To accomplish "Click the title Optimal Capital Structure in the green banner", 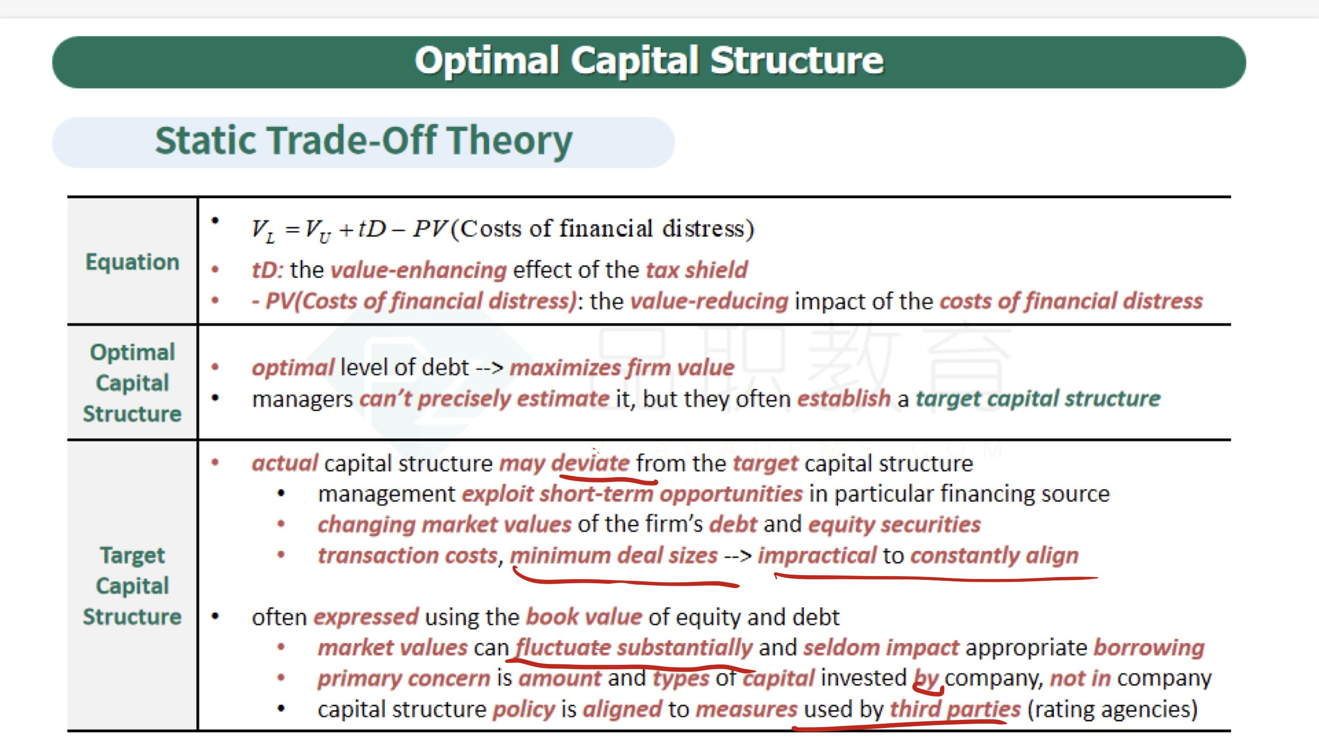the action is coord(649,61).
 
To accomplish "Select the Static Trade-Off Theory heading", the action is coord(364,141).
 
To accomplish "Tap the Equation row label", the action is coord(132,261).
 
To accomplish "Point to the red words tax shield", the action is coord(696,270).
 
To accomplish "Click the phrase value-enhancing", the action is coord(418,271).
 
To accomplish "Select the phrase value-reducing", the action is coord(709,302).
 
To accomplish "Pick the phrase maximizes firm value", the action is coord(622,368).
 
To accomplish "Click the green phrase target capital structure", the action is coord(1038,399).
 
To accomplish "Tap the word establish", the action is coord(843,399).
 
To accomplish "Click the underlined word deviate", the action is coord(590,463).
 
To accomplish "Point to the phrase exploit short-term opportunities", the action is coord(632,494).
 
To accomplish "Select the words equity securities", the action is coord(894,524).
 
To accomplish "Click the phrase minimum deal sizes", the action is coord(614,556).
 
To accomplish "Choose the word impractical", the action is coord(817,556).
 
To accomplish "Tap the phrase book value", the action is coord(584,617).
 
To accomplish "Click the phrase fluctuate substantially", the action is coord(634,648).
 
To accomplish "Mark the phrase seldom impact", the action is coord(881,647).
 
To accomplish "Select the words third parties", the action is coord(955,709).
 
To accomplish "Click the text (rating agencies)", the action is coord(1112,709).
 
